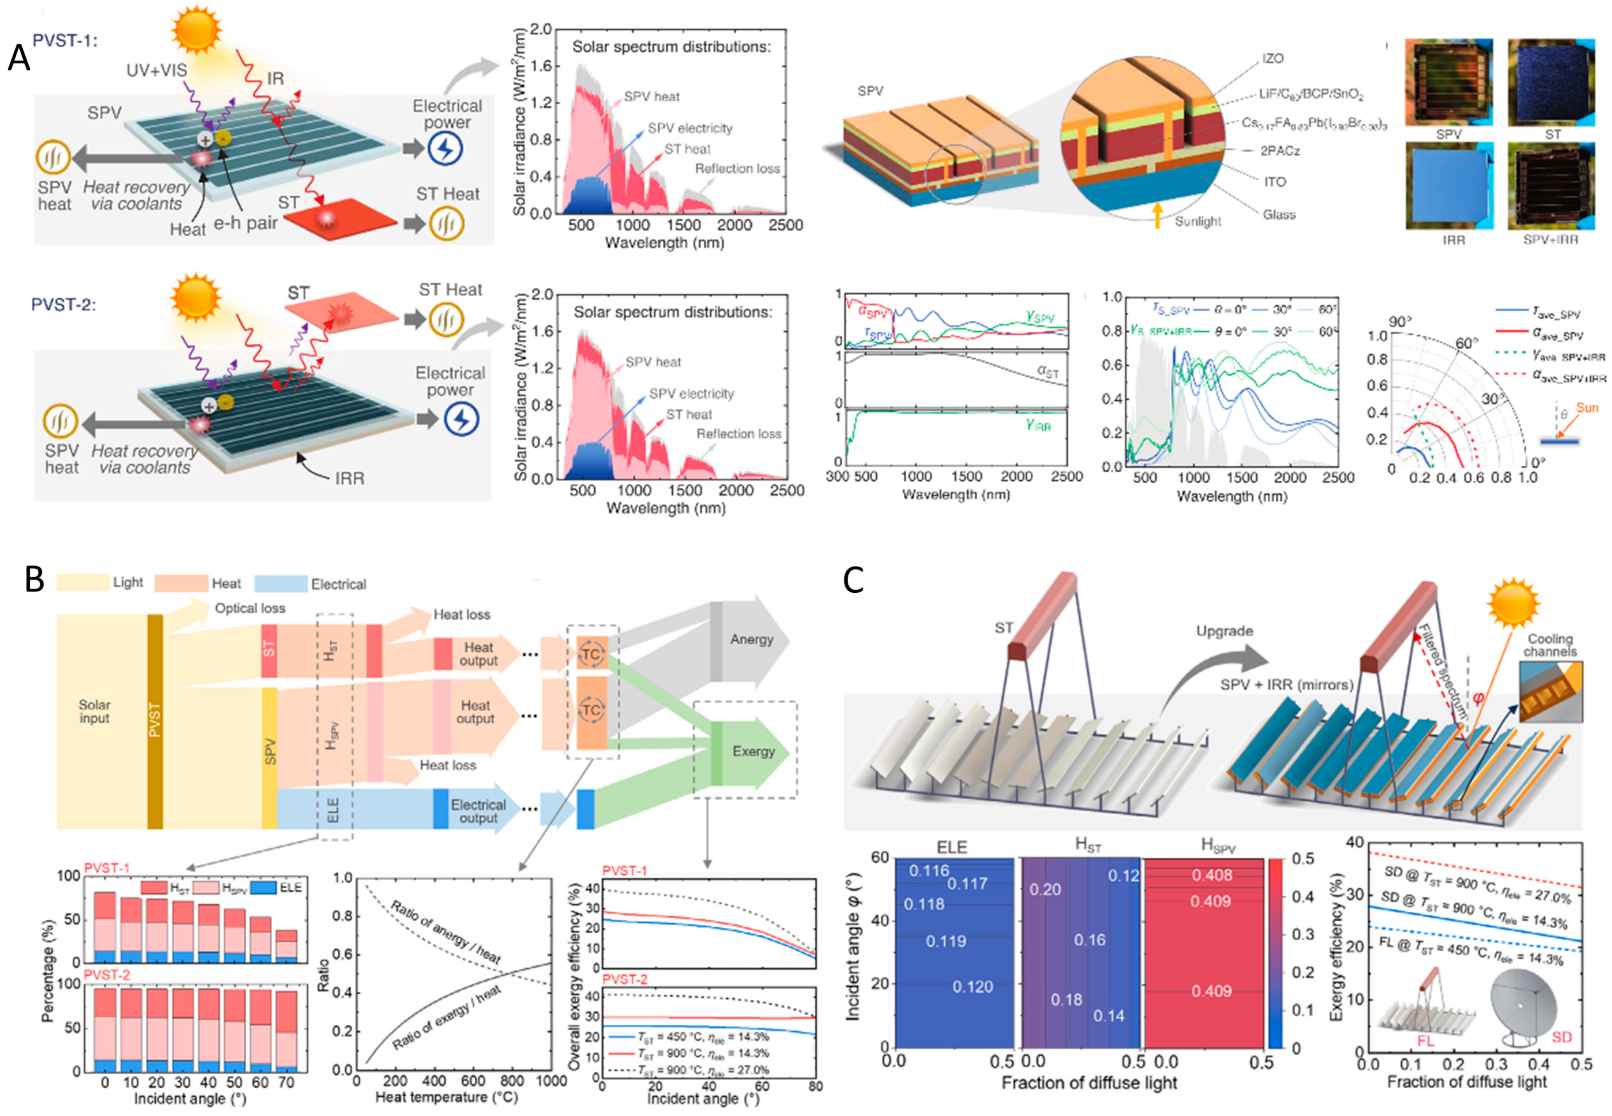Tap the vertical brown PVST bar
155,720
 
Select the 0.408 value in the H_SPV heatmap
1211,875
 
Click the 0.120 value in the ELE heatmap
972,987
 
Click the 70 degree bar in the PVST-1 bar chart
287,946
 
